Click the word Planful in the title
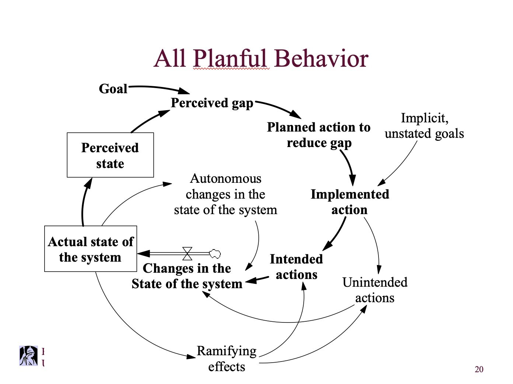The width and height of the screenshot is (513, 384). coord(230,58)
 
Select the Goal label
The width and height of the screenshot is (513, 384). coord(113,89)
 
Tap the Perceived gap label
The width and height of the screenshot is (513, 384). coord(212,103)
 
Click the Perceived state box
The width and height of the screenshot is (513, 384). coord(110,155)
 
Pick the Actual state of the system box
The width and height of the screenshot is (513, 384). coord(91,249)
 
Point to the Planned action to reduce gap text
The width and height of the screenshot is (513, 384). coord(318,135)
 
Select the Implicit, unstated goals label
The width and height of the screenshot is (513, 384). coord(424,126)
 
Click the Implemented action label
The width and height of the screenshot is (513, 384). coord(349,202)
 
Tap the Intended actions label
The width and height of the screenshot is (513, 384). coord(296,267)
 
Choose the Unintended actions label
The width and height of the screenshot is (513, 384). coord(374,290)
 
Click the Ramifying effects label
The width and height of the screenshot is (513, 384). coord(227,359)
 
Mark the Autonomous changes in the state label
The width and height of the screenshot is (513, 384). coord(225,194)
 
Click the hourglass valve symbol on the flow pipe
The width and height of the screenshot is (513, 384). coord(187,254)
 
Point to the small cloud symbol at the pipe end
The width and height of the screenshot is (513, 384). coord(215,253)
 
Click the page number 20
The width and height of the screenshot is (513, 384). coord(479,369)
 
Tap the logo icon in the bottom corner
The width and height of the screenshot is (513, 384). coord(29,356)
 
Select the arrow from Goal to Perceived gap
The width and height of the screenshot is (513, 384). coord(158,88)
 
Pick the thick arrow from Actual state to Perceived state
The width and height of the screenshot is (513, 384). coord(84,203)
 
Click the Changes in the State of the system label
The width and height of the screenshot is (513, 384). coord(187,276)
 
